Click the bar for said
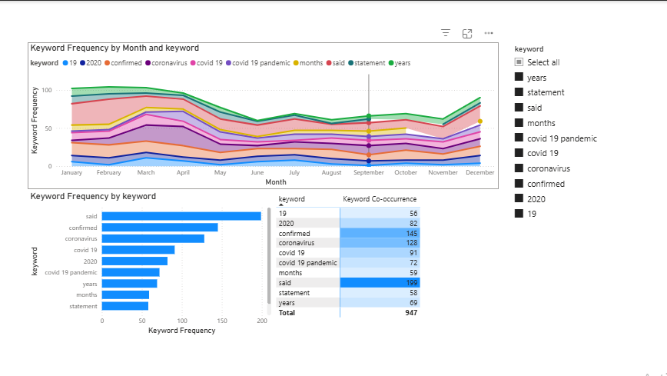(181, 216)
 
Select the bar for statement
(125, 306)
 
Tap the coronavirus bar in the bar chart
(153, 238)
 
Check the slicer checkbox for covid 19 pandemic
(519, 138)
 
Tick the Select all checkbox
(519, 62)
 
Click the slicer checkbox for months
(519, 123)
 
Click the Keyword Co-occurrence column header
(379, 199)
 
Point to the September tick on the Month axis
(369, 173)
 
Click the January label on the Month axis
(71, 173)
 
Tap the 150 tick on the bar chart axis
(222, 321)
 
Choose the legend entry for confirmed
(122, 63)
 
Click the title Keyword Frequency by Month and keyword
(114, 48)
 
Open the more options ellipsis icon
(489, 33)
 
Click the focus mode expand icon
(467, 33)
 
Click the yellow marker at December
(480, 121)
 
